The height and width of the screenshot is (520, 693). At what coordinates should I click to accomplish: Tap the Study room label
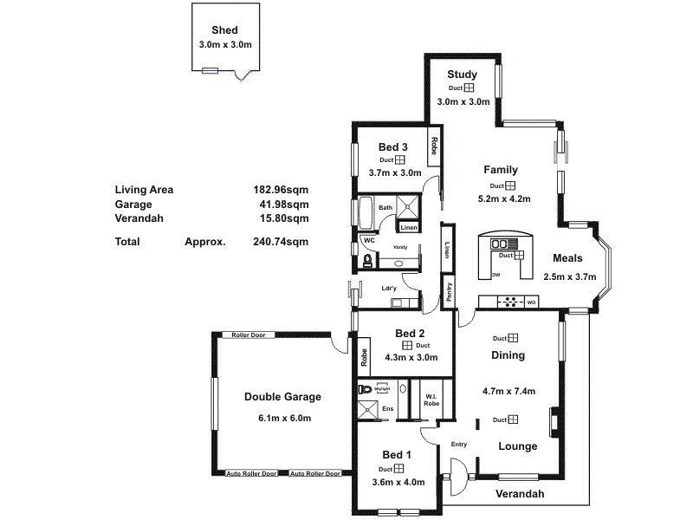pos(463,75)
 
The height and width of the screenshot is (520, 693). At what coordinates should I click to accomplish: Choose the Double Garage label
pos(282,397)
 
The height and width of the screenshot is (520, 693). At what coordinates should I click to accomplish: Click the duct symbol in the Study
pos(469,88)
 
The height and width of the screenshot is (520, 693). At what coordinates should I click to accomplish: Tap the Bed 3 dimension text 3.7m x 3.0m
pos(394,172)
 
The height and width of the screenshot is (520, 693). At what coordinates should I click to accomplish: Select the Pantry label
pos(449,289)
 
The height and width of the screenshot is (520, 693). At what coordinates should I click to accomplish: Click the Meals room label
pos(567,258)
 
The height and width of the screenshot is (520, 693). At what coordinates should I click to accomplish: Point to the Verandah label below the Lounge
pos(520,494)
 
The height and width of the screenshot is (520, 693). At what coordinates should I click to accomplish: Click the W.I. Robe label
pos(431,400)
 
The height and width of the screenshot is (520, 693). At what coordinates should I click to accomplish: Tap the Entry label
pos(459,445)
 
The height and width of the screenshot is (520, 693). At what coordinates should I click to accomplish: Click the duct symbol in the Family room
pos(510,185)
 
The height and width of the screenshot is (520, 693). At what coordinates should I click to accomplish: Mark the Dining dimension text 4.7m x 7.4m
pos(508,391)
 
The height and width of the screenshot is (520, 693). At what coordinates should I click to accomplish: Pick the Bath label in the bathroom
pos(385,207)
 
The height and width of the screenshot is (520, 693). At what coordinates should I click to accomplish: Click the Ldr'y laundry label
pos(389,288)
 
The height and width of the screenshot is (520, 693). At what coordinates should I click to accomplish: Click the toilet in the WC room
pos(368,259)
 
